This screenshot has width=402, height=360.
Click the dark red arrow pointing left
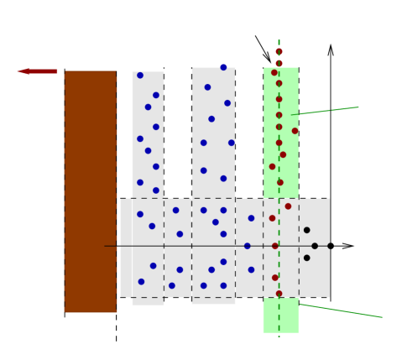coord(37,71)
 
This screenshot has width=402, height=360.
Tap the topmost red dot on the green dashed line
coord(279,52)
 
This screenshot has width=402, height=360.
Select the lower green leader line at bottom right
coord(341,310)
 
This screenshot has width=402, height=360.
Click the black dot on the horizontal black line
coord(315,246)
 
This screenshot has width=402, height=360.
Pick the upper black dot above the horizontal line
coord(306,230)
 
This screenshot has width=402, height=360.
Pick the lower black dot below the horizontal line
coord(306,258)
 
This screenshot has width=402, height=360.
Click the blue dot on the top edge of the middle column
coord(223,67)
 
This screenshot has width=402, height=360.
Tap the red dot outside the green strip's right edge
coord(295,131)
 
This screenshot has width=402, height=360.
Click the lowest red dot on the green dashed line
coord(279,294)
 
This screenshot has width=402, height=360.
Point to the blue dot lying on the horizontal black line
coord(247,246)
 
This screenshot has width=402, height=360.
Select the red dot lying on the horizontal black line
coord(274,246)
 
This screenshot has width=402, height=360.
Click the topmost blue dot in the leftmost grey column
coord(140,76)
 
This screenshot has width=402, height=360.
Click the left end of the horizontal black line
coord(106,246)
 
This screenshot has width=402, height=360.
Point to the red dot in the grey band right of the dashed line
coord(288,206)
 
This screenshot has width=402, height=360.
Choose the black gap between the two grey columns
coord(178,134)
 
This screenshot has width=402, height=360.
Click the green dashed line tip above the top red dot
coord(279,40)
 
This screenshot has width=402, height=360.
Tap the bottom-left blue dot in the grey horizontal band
coord(141,282)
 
